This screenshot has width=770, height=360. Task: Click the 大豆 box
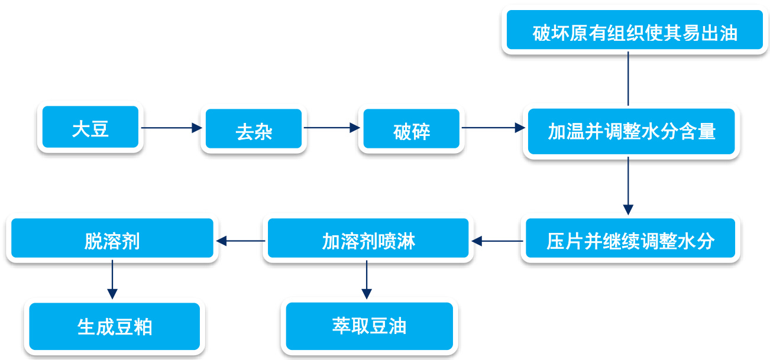(x=90, y=127)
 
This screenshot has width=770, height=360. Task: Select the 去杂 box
(x=254, y=128)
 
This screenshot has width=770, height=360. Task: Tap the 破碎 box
(x=412, y=128)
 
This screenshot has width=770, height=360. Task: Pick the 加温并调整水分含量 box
(x=632, y=131)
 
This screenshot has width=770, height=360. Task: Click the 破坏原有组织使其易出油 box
(x=635, y=30)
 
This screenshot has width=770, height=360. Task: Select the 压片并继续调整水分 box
(x=630, y=238)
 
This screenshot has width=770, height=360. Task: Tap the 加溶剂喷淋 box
(x=368, y=238)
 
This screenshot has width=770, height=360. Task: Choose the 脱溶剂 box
(x=112, y=238)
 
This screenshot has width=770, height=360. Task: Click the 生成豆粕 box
(x=115, y=326)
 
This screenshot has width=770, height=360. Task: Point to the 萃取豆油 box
(x=370, y=326)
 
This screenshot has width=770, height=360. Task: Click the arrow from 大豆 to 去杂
(x=172, y=128)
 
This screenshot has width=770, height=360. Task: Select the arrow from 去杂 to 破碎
(x=332, y=128)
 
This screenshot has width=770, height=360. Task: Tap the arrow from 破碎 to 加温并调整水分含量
(x=493, y=128)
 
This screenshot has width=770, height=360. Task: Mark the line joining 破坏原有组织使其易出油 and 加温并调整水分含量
(x=628, y=79)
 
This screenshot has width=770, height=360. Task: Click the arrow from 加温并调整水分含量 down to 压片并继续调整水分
(x=628, y=186)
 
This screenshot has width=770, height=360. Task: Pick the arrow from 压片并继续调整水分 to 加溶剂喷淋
(x=497, y=241)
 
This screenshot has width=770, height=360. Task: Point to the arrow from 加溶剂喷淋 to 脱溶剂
(x=241, y=241)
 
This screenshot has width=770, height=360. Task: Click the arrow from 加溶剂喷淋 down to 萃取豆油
(x=367, y=280)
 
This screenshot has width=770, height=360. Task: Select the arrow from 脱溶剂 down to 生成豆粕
(x=112, y=280)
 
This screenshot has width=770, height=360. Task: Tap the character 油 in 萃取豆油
(x=397, y=326)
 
